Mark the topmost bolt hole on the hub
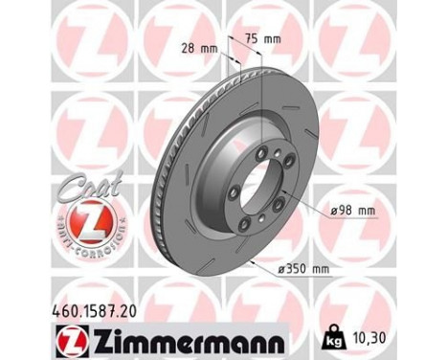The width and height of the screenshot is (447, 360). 275,141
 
